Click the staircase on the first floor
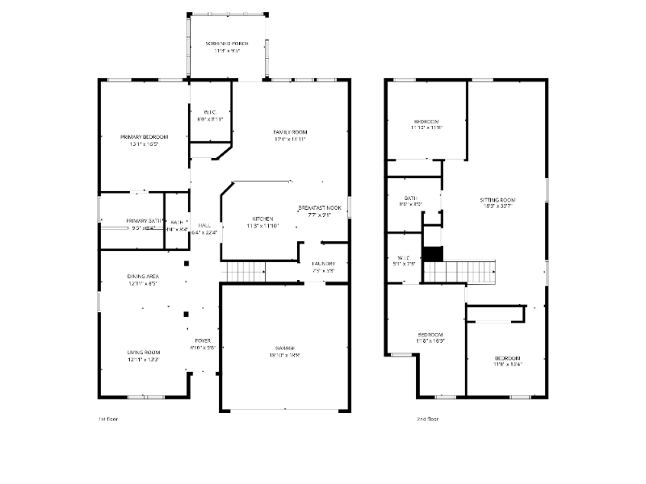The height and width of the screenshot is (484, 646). click(245, 273)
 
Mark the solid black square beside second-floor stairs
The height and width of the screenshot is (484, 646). click(434, 253)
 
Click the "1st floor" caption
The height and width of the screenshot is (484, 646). click(107, 419)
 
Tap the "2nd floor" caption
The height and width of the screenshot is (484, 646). click(427, 419)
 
